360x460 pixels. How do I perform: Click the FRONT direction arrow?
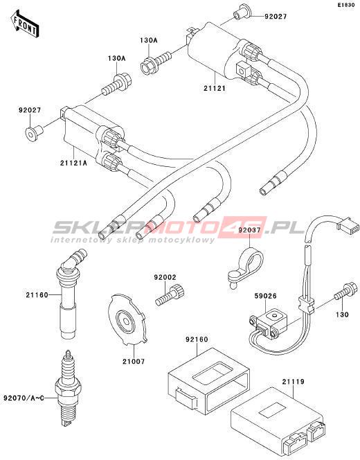coord(24,24)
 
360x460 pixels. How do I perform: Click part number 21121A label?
coord(74,163)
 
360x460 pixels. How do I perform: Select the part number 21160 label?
coord(37,295)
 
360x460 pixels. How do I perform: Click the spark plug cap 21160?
coord(70,293)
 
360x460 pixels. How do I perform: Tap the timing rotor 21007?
coord(127,319)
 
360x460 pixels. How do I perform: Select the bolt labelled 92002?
coord(170,295)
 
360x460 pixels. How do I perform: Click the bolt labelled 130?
coord(346,291)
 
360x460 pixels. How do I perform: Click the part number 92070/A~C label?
coord(24,398)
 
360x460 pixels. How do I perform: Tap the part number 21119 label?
coord(294,382)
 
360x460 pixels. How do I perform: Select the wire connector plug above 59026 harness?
coord(349,227)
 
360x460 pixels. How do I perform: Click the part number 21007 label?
coord(134,362)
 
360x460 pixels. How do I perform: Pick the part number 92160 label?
coord(197,339)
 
